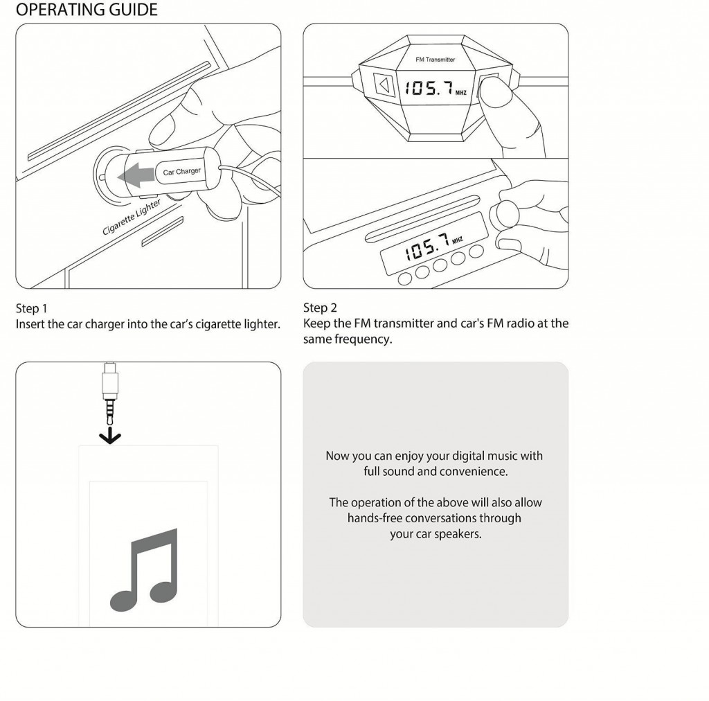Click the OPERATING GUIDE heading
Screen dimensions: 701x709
[x=86, y=10]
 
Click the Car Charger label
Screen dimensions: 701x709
[x=181, y=171]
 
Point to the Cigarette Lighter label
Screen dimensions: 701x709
[x=132, y=217]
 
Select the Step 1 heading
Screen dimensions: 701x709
[x=31, y=308]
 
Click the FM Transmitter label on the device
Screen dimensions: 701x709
[x=435, y=60]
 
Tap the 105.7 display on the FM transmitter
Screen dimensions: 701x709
[x=429, y=88]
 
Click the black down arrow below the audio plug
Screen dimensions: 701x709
[x=110, y=436]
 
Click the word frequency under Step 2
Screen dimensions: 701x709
[x=366, y=339]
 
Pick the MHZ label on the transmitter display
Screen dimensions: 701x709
[x=461, y=92]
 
